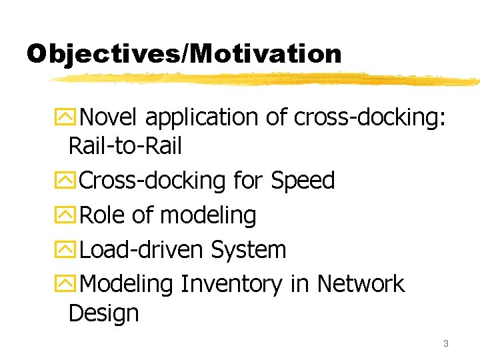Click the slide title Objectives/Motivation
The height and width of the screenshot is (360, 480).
tap(184, 53)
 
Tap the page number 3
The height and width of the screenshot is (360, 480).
tap(445, 343)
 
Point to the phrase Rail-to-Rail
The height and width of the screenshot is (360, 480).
tap(125, 146)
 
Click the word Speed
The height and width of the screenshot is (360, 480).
tap(303, 180)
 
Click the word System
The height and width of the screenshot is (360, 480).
tap(248, 250)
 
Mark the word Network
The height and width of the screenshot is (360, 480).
tap(361, 283)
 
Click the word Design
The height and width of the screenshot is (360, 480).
tap(103, 313)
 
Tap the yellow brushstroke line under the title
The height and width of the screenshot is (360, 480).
tap(267, 79)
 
